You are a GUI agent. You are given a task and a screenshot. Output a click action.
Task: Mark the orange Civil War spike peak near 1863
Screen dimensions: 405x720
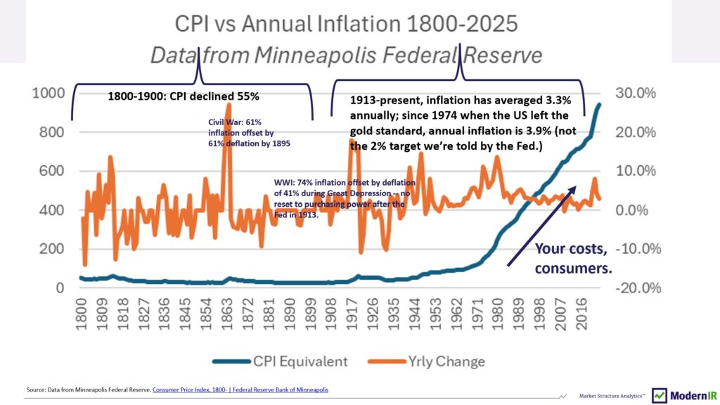[228, 105]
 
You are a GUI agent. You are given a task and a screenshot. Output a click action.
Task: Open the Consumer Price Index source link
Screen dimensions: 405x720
[240, 390]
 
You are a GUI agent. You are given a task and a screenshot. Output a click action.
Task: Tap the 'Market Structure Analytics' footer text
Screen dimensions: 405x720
[609, 396]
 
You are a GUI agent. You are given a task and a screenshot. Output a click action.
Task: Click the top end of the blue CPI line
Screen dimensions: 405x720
[599, 105]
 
